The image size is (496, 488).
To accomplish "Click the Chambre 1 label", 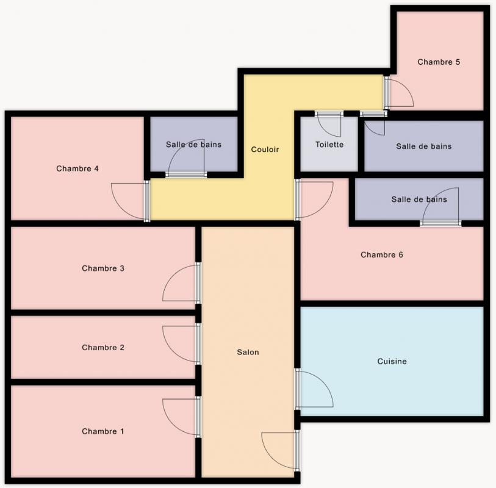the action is [x=103, y=431].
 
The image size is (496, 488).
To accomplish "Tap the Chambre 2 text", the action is [x=103, y=348].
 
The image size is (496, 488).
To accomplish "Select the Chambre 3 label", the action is [x=103, y=268].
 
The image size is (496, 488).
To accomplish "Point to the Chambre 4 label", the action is [x=77, y=168].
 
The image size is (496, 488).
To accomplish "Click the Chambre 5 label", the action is [x=439, y=62].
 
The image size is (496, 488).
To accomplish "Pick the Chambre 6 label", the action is [x=381, y=255].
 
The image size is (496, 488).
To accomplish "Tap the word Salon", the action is [x=248, y=353].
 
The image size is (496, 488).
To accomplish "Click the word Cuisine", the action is [x=392, y=361].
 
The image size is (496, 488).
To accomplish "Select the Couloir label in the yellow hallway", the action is [x=265, y=149].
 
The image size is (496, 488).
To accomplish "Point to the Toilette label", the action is [x=329, y=145].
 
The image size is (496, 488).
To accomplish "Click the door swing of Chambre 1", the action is [x=181, y=417].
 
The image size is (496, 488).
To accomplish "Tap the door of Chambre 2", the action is [x=181, y=344].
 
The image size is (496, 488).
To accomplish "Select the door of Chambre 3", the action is [x=181, y=282].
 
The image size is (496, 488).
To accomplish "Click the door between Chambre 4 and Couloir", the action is [x=131, y=201].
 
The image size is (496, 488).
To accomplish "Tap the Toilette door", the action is [x=329, y=124].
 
